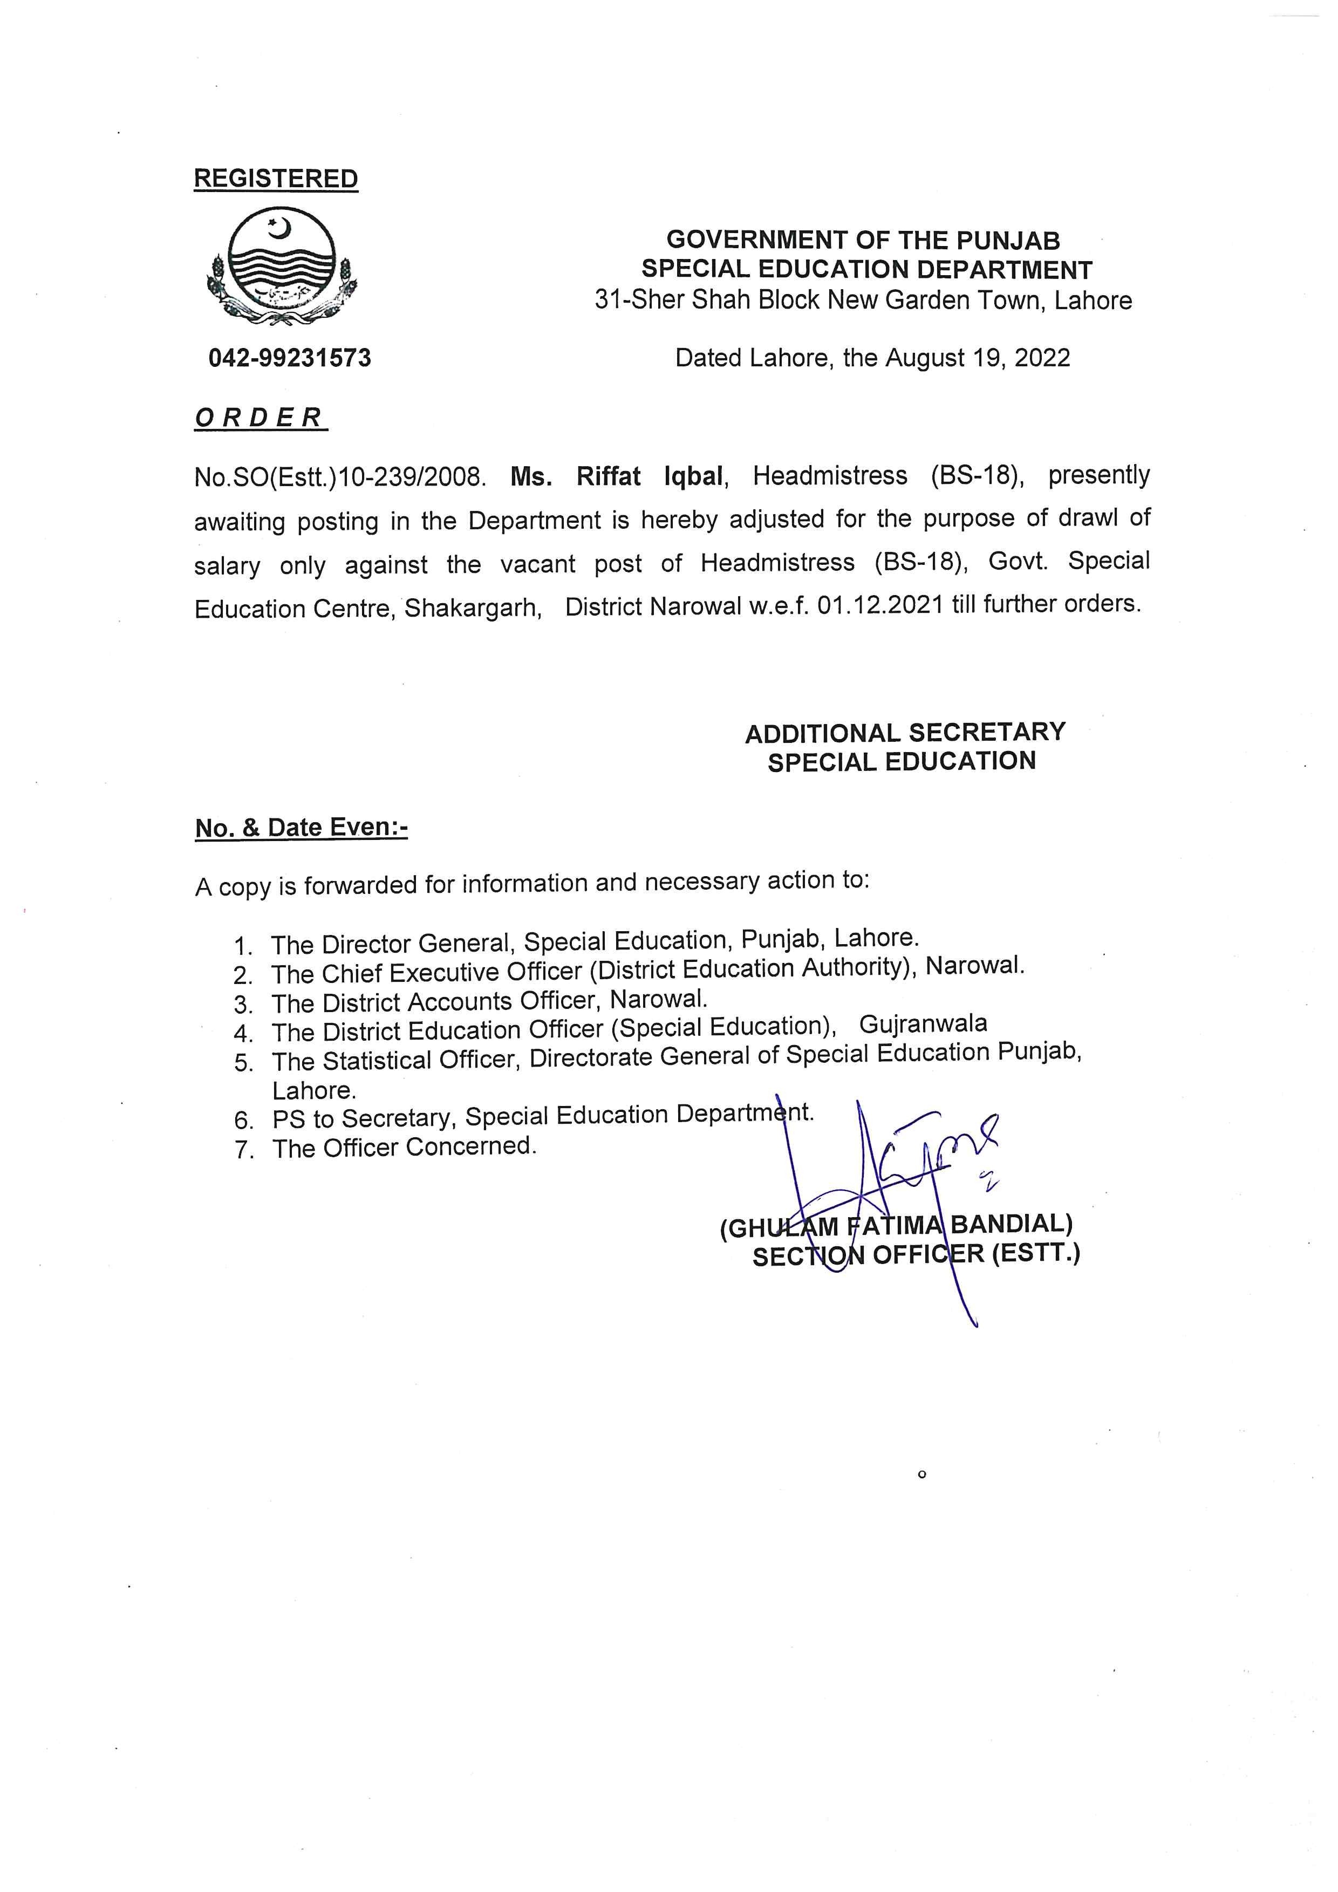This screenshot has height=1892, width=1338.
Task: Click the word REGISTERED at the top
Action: coord(275,179)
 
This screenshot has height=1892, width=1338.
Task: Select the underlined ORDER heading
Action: coord(260,418)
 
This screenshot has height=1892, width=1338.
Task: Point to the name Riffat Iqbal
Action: coord(650,476)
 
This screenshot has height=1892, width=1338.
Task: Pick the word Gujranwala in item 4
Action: coord(923,1024)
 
